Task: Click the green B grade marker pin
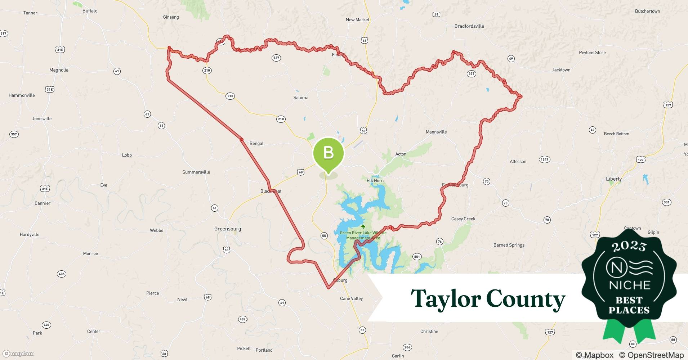[328, 153]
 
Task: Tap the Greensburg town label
[227, 229]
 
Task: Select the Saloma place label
[301, 98]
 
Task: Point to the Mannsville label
[436, 132]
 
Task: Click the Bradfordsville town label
[469, 26]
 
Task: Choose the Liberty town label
[613, 179]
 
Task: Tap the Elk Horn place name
[375, 181]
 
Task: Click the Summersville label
[196, 172]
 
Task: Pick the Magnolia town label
[59, 70]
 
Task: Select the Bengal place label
[256, 144]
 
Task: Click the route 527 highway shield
[276, 58]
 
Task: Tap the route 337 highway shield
[471, 74]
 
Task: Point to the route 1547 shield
[544, 159]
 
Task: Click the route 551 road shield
[417, 257]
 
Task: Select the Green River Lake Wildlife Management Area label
[363, 235]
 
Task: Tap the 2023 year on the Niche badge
[629, 247]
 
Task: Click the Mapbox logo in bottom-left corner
[18, 354]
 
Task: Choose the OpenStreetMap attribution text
[651, 355]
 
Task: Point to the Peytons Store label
[592, 53]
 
